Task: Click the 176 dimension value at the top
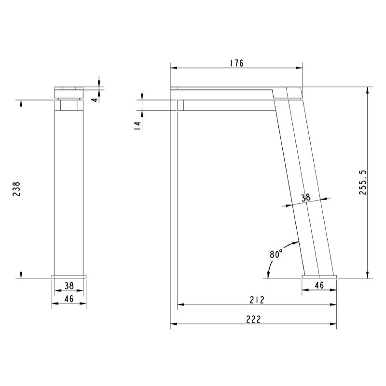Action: coord(236,63)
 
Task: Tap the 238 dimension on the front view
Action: coord(16,189)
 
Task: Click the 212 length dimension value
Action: coord(257,300)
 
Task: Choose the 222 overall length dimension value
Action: coord(253,319)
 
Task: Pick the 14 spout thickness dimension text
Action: coord(137,125)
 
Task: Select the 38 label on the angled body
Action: coord(305,197)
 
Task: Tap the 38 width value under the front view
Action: coord(69,285)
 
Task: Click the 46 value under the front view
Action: coord(69,299)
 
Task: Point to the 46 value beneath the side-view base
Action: coord(319,285)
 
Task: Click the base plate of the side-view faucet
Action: coord(319,276)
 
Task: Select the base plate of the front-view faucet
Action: coord(69,276)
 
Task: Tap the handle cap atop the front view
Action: coord(69,89)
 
